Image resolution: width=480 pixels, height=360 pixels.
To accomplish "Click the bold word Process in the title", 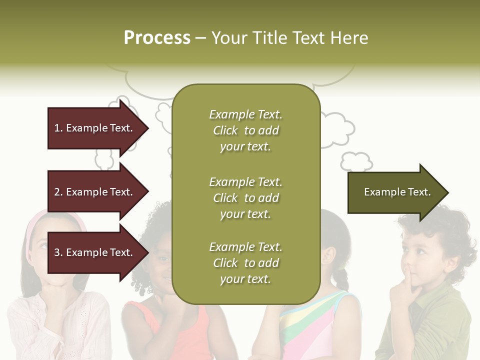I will point(157,38).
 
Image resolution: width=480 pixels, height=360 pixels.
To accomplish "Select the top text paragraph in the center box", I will point(245,130).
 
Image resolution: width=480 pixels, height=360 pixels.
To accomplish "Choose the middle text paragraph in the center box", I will point(245,198).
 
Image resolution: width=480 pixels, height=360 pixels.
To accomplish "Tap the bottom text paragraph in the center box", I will point(245,263).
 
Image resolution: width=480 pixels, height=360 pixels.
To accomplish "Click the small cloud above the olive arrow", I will point(356,161).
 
